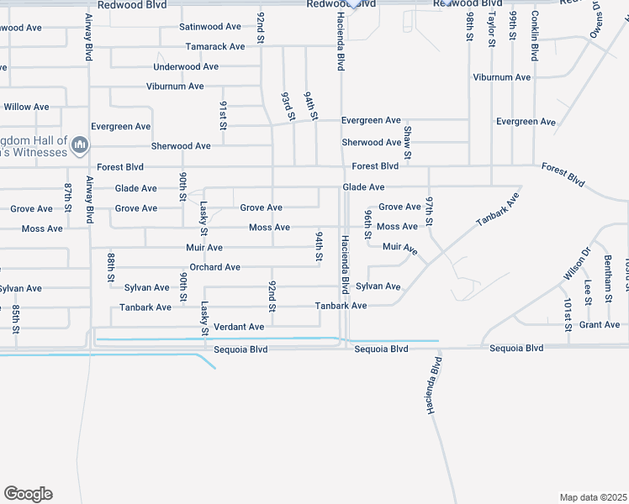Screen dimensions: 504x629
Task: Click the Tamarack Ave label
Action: click(x=215, y=46)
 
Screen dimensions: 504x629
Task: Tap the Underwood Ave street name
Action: click(x=186, y=66)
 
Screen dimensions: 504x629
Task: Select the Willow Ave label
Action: click(x=26, y=107)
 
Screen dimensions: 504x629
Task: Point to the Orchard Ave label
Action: click(x=214, y=267)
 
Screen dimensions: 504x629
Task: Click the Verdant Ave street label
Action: click(x=239, y=326)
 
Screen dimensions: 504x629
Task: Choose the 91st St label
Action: click(x=224, y=116)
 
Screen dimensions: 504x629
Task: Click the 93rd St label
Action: click(x=288, y=107)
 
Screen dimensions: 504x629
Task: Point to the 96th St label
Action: click(x=367, y=224)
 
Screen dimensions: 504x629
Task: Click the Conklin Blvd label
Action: click(x=534, y=36)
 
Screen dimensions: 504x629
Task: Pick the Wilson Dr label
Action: click(x=576, y=263)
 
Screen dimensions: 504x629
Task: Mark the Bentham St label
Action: click(x=607, y=273)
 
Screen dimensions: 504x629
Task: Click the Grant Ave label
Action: click(x=600, y=324)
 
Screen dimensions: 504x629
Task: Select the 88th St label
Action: click(x=110, y=267)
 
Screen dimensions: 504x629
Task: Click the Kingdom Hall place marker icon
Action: click(x=80, y=146)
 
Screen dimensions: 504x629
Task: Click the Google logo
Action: click(x=28, y=494)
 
